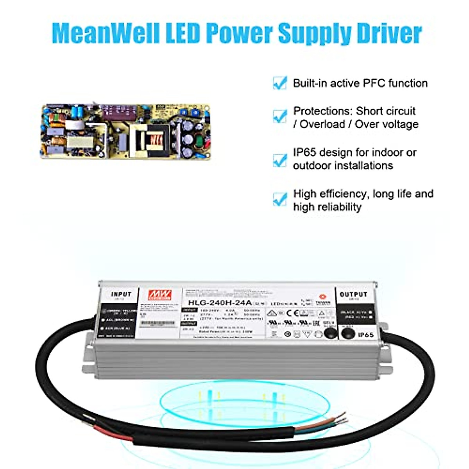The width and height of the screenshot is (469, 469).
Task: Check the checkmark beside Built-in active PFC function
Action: pyautogui.click(x=280, y=83)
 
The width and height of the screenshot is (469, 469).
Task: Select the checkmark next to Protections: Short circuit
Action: pyautogui.click(x=280, y=116)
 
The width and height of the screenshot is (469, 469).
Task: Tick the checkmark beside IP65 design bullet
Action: pyautogui.click(x=280, y=159)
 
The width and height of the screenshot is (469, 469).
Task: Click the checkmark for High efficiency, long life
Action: pyautogui.click(x=280, y=199)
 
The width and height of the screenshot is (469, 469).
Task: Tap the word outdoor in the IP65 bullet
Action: pyautogui.click(x=312, y=166)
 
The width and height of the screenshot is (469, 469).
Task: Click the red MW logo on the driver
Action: pyautogui.click(x=160, y=295)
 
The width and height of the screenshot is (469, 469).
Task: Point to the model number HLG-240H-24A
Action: pyautogui.click(x=220, y=303)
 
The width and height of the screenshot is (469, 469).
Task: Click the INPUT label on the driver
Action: pyautogui.click(x=121, y=294)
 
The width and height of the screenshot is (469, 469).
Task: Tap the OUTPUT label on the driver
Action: pyautogui.click(x=353, y=294)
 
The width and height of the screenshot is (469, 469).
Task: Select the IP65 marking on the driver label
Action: pyautogui.click(x=365, y=335)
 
